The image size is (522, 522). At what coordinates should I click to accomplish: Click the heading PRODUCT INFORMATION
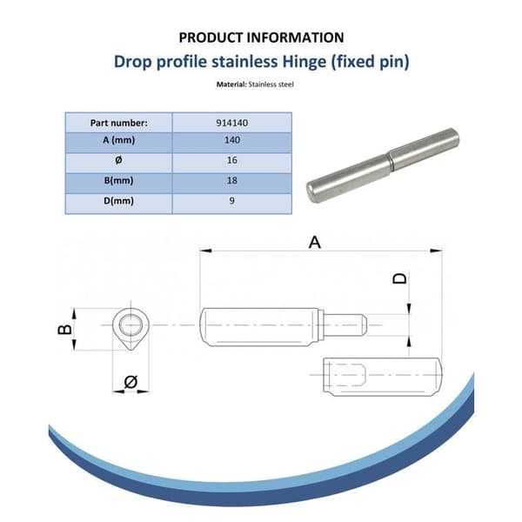(261, 37)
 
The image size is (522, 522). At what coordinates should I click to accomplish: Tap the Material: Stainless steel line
(255, 84)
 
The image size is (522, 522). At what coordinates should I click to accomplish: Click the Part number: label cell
(119, 123)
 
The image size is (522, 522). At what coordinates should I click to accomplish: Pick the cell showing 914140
(232, 123)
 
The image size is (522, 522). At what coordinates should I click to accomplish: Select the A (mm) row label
(119, 140)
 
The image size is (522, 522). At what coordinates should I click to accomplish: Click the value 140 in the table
(232, 140)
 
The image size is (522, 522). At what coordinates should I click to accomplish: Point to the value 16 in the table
(232, 160)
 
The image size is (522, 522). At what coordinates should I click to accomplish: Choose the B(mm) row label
(119, 180)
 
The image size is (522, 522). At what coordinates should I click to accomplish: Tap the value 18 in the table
(232, 180)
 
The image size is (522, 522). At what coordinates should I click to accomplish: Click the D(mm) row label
(119, 201)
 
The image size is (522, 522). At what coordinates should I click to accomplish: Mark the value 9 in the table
(232, 201)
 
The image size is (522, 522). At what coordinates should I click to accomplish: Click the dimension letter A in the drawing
(315, 243)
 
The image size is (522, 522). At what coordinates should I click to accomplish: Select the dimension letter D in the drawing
(400, 278)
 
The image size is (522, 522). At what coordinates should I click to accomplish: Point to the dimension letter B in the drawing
(64, 329)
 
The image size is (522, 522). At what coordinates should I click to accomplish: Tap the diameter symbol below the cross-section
(130, 382)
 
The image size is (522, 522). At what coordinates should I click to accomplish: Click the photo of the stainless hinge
(383, 165)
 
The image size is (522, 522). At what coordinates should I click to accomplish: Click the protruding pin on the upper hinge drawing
(345, 325)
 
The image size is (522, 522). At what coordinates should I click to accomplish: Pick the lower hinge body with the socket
(383, 377)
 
